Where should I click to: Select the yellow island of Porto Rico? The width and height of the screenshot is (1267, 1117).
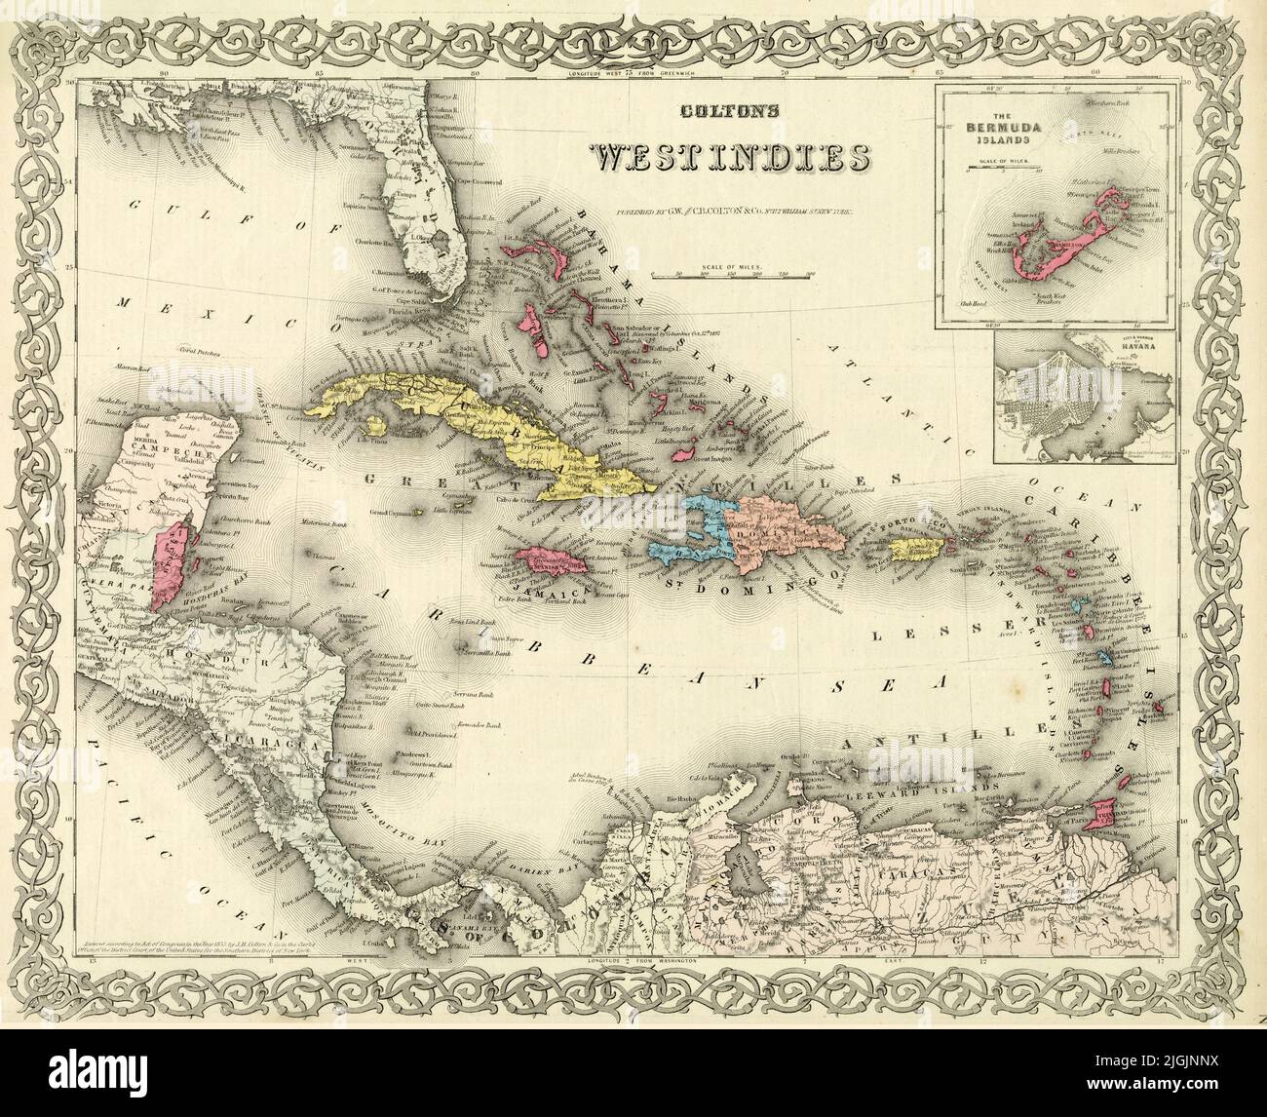[921, 550]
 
